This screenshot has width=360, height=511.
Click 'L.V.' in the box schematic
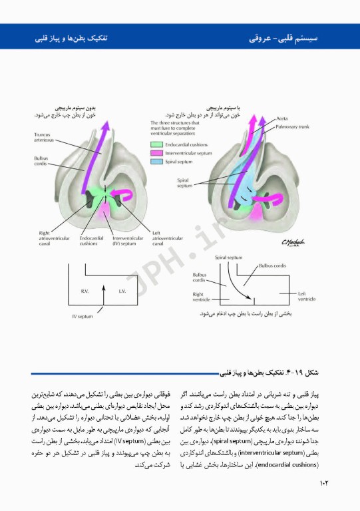click(122, 291)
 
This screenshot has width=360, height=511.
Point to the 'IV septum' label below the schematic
click(83, 317)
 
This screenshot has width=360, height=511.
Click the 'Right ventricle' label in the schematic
click(201, 296)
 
